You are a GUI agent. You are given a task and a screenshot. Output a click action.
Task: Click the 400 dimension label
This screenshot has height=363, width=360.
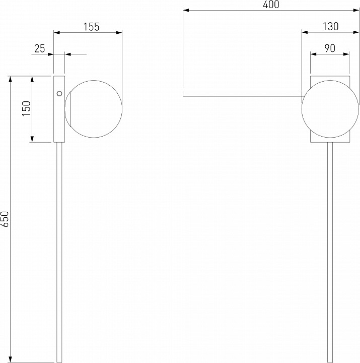click(x=271, y=5)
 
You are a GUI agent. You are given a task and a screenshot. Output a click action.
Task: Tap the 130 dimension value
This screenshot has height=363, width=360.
click(x=330, y=27)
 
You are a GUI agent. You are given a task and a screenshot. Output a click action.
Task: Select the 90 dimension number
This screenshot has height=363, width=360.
click(x=330, y=48)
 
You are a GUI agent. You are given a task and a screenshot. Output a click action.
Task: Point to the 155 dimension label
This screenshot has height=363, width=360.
click(x=91, y=27)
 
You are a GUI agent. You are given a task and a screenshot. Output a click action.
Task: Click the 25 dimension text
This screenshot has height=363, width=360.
click(x=40, y=48)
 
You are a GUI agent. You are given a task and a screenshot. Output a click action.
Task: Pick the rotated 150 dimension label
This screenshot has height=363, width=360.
click(x=26, y=108)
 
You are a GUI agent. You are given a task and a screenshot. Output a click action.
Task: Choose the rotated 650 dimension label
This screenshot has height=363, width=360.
click(x=5, y=219)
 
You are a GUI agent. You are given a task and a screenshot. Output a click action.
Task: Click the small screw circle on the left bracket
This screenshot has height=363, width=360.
click(x=59, y=94)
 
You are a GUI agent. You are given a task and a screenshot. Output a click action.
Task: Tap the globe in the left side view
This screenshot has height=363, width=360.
click(x=94, y=109)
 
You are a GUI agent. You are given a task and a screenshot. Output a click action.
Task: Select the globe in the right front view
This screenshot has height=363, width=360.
click(x=330, y=109)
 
